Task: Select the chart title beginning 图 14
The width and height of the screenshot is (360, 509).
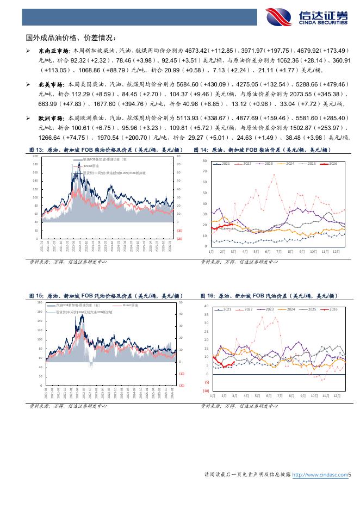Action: click(266, 150)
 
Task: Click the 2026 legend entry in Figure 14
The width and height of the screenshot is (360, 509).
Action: click(331, 164)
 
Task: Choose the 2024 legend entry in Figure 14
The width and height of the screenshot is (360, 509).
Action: click(288, 164)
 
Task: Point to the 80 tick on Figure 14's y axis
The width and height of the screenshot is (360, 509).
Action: click(204, 161)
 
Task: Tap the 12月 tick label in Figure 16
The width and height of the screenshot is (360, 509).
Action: click(337, 395)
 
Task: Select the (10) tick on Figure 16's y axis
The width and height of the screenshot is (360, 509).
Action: click(206, 391)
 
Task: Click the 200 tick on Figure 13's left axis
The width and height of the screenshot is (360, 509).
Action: click(35, 157)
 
